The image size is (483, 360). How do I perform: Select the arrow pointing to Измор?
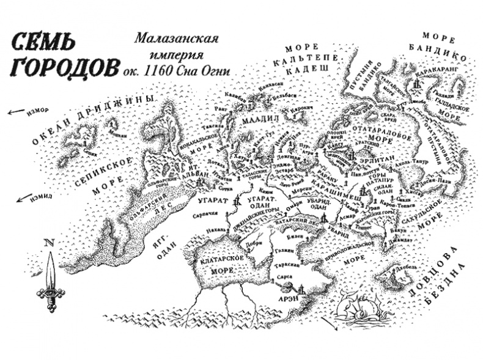click(x=13, y=112)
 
